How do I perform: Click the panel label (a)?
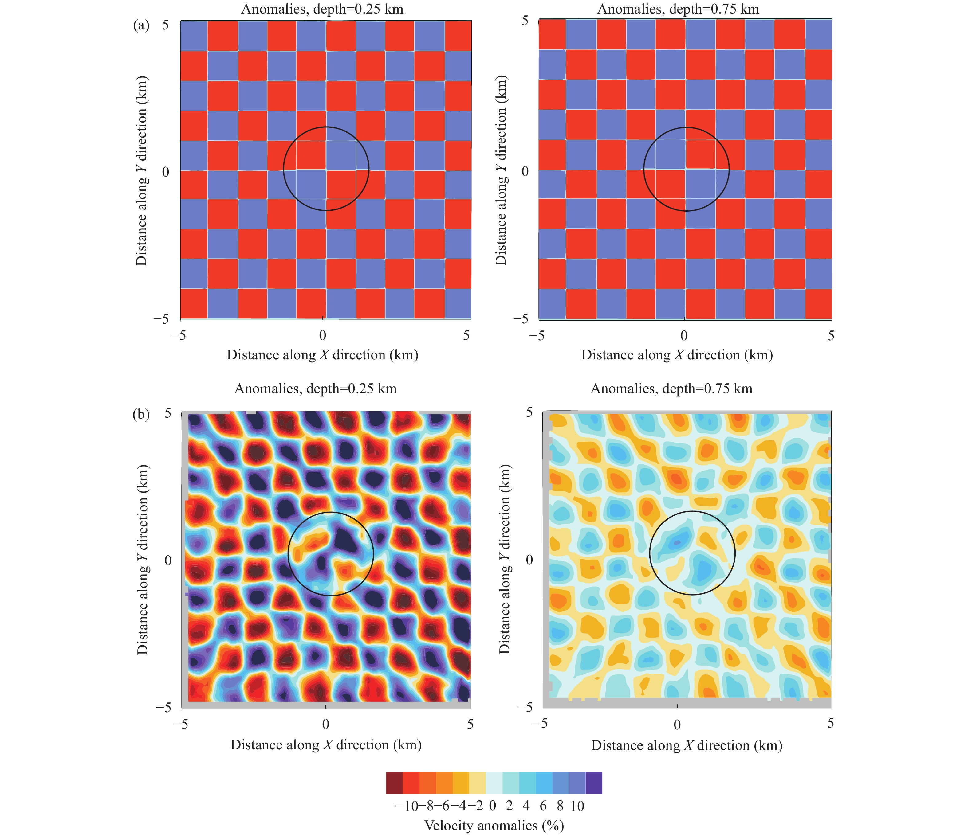(x=141, y=26)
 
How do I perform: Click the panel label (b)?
(x=141, y=414)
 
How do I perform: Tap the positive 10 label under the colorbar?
(x=577, y=806)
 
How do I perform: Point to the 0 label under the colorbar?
(x=492, y=806)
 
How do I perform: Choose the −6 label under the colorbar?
(x=443, y=806)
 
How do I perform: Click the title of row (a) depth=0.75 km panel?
(x=678, y=9)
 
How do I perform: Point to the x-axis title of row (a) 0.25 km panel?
(x=322, y=355)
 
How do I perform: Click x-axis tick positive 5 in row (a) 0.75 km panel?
(x=831, y=335)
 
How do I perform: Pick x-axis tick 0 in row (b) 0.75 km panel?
(x=677, y=725)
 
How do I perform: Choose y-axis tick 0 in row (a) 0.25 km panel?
(x=165, y=172)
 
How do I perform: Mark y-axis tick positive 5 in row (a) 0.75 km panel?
(x=525, y=21)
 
